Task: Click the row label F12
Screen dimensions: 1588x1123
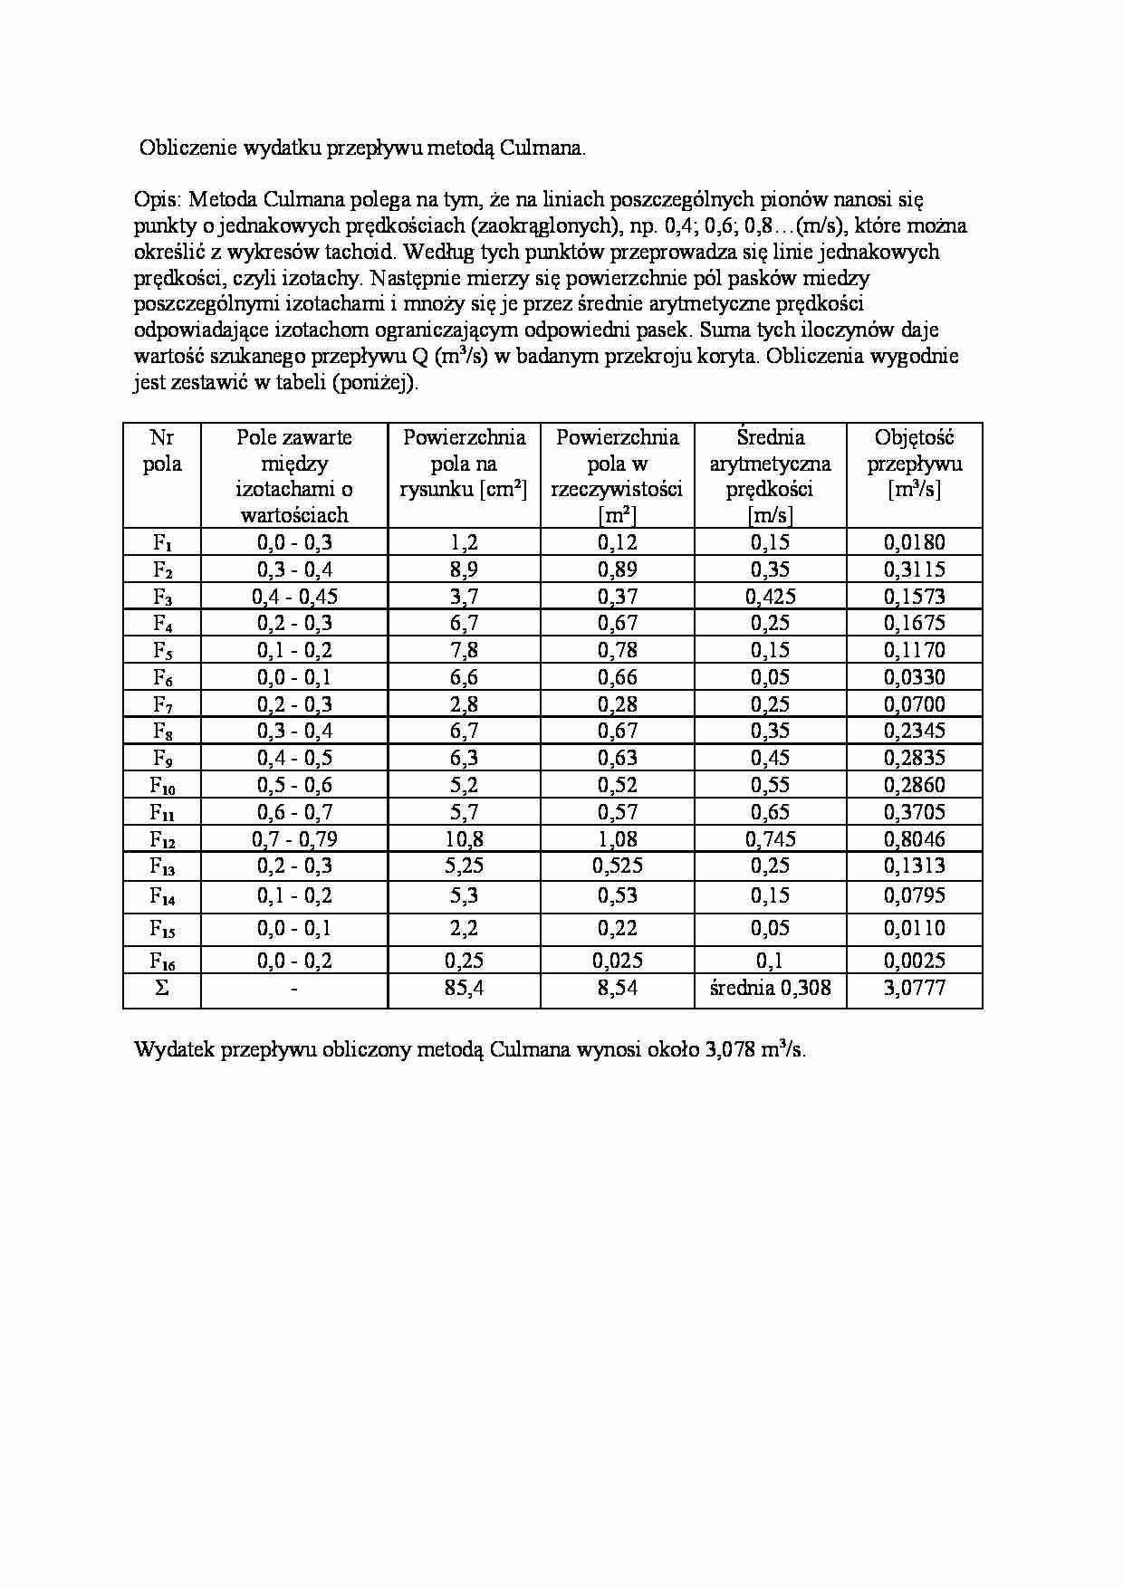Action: (162, 839)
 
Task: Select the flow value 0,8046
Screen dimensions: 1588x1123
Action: (914, 839)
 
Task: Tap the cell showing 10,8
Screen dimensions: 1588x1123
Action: (464, 839)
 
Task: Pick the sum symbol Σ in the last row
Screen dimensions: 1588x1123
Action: (162, 988)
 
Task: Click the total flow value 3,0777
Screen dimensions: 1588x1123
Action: (914, 988)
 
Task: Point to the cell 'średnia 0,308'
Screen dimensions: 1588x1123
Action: (770, 988)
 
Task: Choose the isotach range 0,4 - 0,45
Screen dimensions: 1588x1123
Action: (294, 597)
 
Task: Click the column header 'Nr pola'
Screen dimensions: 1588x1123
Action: (162, 451)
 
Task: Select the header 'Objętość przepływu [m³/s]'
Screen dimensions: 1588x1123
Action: (914, 464)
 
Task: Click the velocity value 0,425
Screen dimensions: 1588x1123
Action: (770, 597)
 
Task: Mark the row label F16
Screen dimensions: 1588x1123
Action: (162, 961)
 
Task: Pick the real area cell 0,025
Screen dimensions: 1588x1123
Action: (617, 961)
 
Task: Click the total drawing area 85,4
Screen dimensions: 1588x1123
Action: (464, 988)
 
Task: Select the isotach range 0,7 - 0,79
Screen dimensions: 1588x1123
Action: (294, 839)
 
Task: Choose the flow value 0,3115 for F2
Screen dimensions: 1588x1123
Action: (914, 569)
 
